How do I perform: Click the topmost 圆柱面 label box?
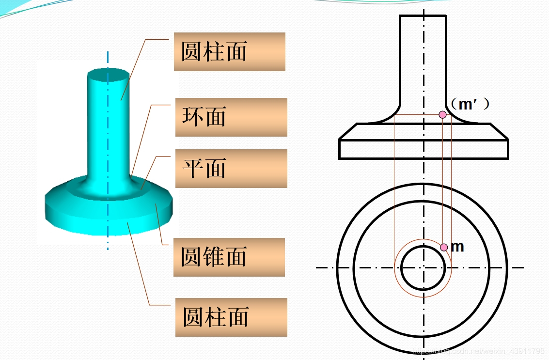229,52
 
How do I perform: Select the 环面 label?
231,117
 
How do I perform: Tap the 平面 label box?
231,169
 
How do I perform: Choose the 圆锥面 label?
229,257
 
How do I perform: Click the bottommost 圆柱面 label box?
231,317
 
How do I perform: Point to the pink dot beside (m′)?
442,115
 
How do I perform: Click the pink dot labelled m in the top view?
444,247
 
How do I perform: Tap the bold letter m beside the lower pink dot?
457,247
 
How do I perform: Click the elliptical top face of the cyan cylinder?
109,75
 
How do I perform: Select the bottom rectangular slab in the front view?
424,149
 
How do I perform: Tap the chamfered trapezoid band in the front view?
424,131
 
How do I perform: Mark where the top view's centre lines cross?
424,267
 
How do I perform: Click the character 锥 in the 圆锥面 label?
214,257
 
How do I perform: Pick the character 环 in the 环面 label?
192,117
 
